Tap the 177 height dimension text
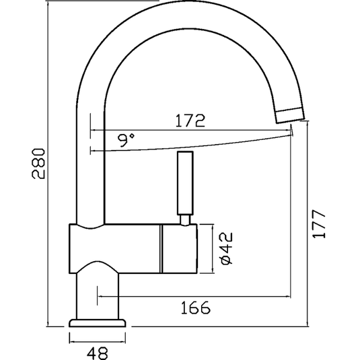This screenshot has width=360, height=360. click(x=320, y=223)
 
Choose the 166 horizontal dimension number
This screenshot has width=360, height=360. click(x=196, y=308)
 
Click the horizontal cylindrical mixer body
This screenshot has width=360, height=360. click(x=114, y=249)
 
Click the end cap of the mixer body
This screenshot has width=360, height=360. click(x=178, y=249)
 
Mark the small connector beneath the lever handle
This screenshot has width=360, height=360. click(x=184, y=219)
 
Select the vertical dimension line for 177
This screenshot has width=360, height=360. click(x=307, y=222)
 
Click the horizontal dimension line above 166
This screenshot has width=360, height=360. click(x=195, y=295)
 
